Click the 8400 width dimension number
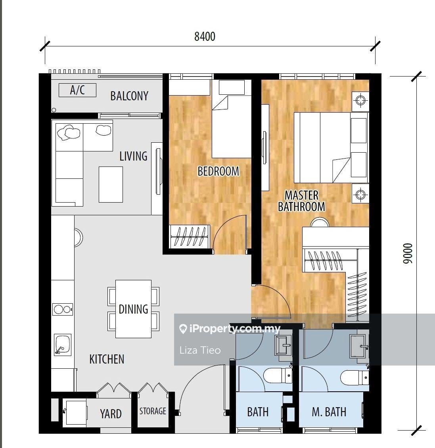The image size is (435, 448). [205, 36]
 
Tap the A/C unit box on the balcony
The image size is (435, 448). [77, 90]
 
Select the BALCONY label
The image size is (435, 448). [129, 96]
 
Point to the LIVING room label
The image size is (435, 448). [133, 156]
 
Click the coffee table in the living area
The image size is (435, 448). [111, 184]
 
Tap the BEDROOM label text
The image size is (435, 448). [218, 171]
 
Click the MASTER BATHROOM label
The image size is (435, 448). [301, 201]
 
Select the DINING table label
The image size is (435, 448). [133, 309]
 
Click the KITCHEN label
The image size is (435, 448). [107, 359]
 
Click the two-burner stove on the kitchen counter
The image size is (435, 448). [62, 309]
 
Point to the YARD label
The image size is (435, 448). [111, 414]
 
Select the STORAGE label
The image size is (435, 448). [153, 411]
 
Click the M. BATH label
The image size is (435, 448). [329, 412]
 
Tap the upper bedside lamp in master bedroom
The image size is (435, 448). [360, 101]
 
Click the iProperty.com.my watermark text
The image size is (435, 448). [230, 329]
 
